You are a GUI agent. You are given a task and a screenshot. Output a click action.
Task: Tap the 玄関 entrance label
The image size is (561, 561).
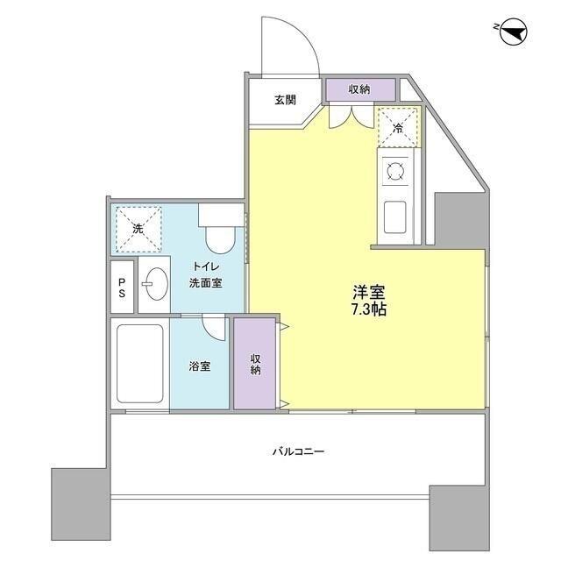coord(285,100)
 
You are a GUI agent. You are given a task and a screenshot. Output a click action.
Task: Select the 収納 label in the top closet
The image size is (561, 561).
coord(359,89)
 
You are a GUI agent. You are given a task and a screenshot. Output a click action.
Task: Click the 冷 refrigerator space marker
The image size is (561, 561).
coord(397,128)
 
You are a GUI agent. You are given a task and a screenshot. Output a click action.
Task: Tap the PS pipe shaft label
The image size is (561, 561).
coord(123,288)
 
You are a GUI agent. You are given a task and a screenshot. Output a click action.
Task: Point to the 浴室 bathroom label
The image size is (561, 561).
coord(200,366)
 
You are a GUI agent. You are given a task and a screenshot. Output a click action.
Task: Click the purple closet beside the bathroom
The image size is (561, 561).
coord(254,363)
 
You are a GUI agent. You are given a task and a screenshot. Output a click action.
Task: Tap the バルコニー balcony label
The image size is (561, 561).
coord(297,452)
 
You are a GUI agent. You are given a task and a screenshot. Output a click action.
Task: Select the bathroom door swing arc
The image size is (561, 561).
coord(213,326)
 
